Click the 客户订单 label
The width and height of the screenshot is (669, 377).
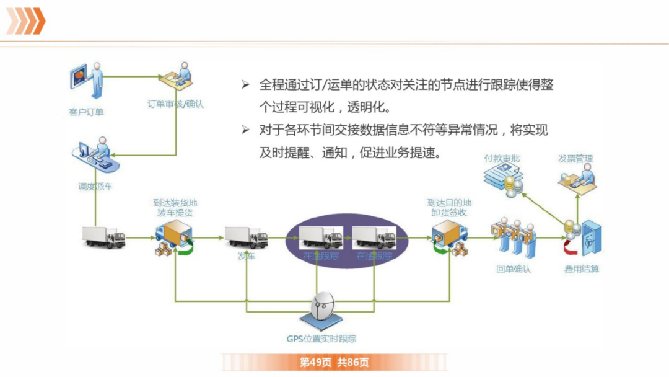(x=87, y=112)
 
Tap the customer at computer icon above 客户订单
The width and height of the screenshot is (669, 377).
(x=87, y=81)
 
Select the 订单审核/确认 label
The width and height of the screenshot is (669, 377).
(x=175, y=104)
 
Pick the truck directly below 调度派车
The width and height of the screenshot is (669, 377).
(x=103, y=237)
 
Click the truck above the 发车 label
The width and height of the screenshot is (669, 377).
(x=246, y=237)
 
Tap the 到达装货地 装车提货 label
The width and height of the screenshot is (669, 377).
(x=175, y=208)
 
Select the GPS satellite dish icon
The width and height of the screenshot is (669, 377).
(x=322, y=310)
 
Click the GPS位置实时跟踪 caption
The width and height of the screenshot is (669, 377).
(x=321, y=339)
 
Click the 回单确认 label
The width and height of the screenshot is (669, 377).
(x=514, y=269)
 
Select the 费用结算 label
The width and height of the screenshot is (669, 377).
(x=582, y=269)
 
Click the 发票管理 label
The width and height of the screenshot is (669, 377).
(x=575, y=159)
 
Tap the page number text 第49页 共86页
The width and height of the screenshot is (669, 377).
(x=334, y=362)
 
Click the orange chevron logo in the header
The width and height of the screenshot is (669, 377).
(x=25, y=21)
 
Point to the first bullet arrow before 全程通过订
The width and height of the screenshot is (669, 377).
(x=245, y=85)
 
